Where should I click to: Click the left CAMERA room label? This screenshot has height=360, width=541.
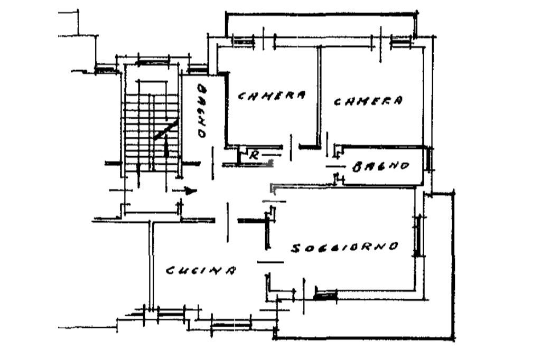(272, 96)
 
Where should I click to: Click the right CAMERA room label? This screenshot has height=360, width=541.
(369, 100)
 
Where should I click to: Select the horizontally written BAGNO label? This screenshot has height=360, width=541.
(381, 167)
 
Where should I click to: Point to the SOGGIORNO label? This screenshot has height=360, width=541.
(344, 247)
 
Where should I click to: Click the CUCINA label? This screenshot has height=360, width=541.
(201, 270)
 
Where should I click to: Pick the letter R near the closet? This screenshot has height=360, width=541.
(254, 155)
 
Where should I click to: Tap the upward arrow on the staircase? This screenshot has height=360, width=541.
(166, 145)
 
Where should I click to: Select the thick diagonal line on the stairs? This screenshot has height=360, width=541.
(166, 129)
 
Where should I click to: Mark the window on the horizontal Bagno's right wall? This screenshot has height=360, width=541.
(430, 159)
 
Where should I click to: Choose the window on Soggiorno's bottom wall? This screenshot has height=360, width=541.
(325, 294)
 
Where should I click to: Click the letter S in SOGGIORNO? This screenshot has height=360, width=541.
(295, 249)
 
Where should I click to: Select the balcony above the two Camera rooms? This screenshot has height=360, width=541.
(321, 24)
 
